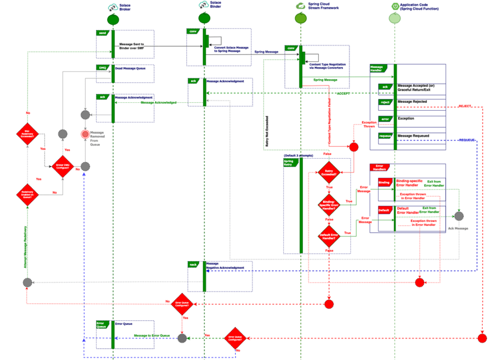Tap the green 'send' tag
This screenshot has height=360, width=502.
tap(102, 32)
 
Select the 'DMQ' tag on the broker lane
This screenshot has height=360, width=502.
tap(102, 67)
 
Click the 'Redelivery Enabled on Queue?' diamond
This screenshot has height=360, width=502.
tap(27, 193)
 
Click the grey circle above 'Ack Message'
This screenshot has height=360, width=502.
tap(458, 216)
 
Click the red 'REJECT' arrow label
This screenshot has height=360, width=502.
tap(466, 106)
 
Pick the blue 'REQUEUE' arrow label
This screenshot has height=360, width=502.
tap(466, 140)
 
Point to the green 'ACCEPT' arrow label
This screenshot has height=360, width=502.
tap(343, 93)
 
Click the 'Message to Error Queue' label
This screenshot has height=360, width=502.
tap(152, 336)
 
